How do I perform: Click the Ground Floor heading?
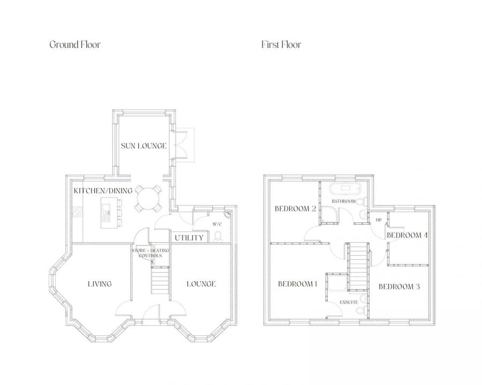(x=74, y=44)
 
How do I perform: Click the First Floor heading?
(x=281, y=44)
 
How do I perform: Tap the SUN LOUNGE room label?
(x=143, y=145)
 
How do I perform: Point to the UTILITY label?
(x=189, y=237)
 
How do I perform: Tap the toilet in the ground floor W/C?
(x=218, y=236)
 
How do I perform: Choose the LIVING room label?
(x=100, y=283)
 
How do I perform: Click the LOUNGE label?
(x=201, y=283)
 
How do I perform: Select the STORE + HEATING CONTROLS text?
(x=147, y=253)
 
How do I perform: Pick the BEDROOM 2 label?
(x=295, y=209)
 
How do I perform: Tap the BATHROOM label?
(x=343, y=201)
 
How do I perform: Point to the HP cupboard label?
(x=378, y=220)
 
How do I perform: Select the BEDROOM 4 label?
(x=407, y=235)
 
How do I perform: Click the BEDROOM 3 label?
(x=399, y=287)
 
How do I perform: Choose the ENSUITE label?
(x=349, y=303)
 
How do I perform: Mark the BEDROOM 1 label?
(x=298, y=283)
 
